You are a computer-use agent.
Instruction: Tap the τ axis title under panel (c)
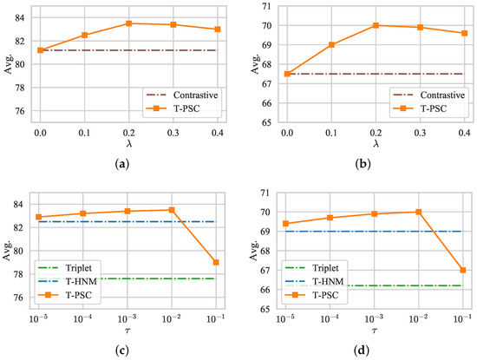tap(128, 333)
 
